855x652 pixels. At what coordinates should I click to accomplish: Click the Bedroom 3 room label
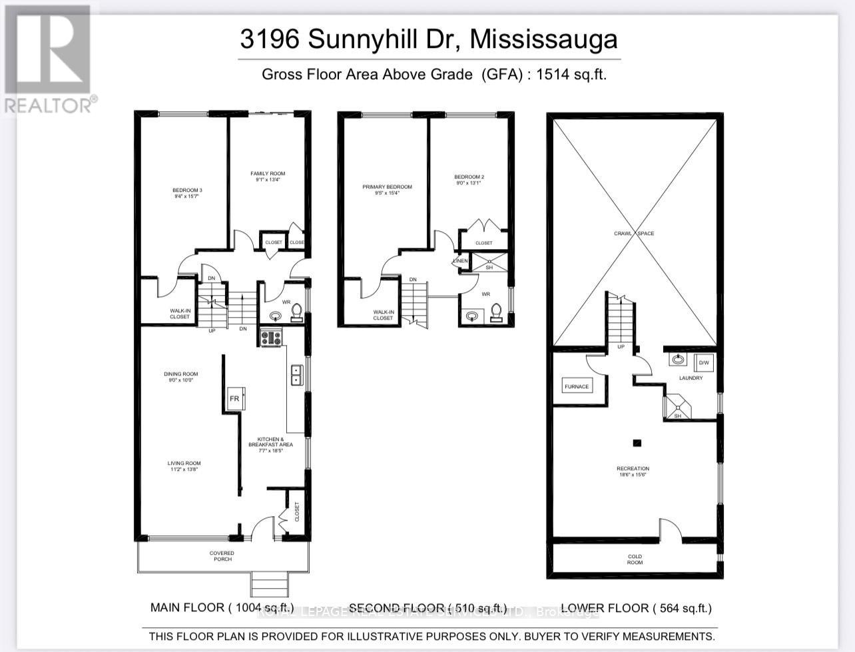click(186, 193)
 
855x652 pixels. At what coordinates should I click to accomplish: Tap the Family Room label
click(268, 176)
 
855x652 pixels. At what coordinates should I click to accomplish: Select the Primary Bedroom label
click(387, 190)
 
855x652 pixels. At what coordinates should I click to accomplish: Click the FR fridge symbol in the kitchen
click(234, 399)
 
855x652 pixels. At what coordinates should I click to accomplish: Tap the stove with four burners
click(271, 338)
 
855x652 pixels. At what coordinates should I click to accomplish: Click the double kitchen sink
click(296, 375)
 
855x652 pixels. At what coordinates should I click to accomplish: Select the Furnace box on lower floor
click(577, 386)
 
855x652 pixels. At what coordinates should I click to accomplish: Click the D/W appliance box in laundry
click(703, 363)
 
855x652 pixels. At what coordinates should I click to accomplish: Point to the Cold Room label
click(635, 559)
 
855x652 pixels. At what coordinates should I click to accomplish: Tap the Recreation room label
click(633, 472)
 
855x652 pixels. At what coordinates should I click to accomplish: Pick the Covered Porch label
click(222, 555)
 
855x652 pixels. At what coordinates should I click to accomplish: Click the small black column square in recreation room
click(637, 442)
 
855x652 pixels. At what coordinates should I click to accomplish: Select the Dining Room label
click(181, 377)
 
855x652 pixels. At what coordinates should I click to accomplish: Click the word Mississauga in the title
click(544, 39)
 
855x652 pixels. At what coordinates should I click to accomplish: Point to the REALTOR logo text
click(50, 105)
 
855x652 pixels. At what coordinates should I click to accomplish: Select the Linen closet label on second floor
click(461, 261)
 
